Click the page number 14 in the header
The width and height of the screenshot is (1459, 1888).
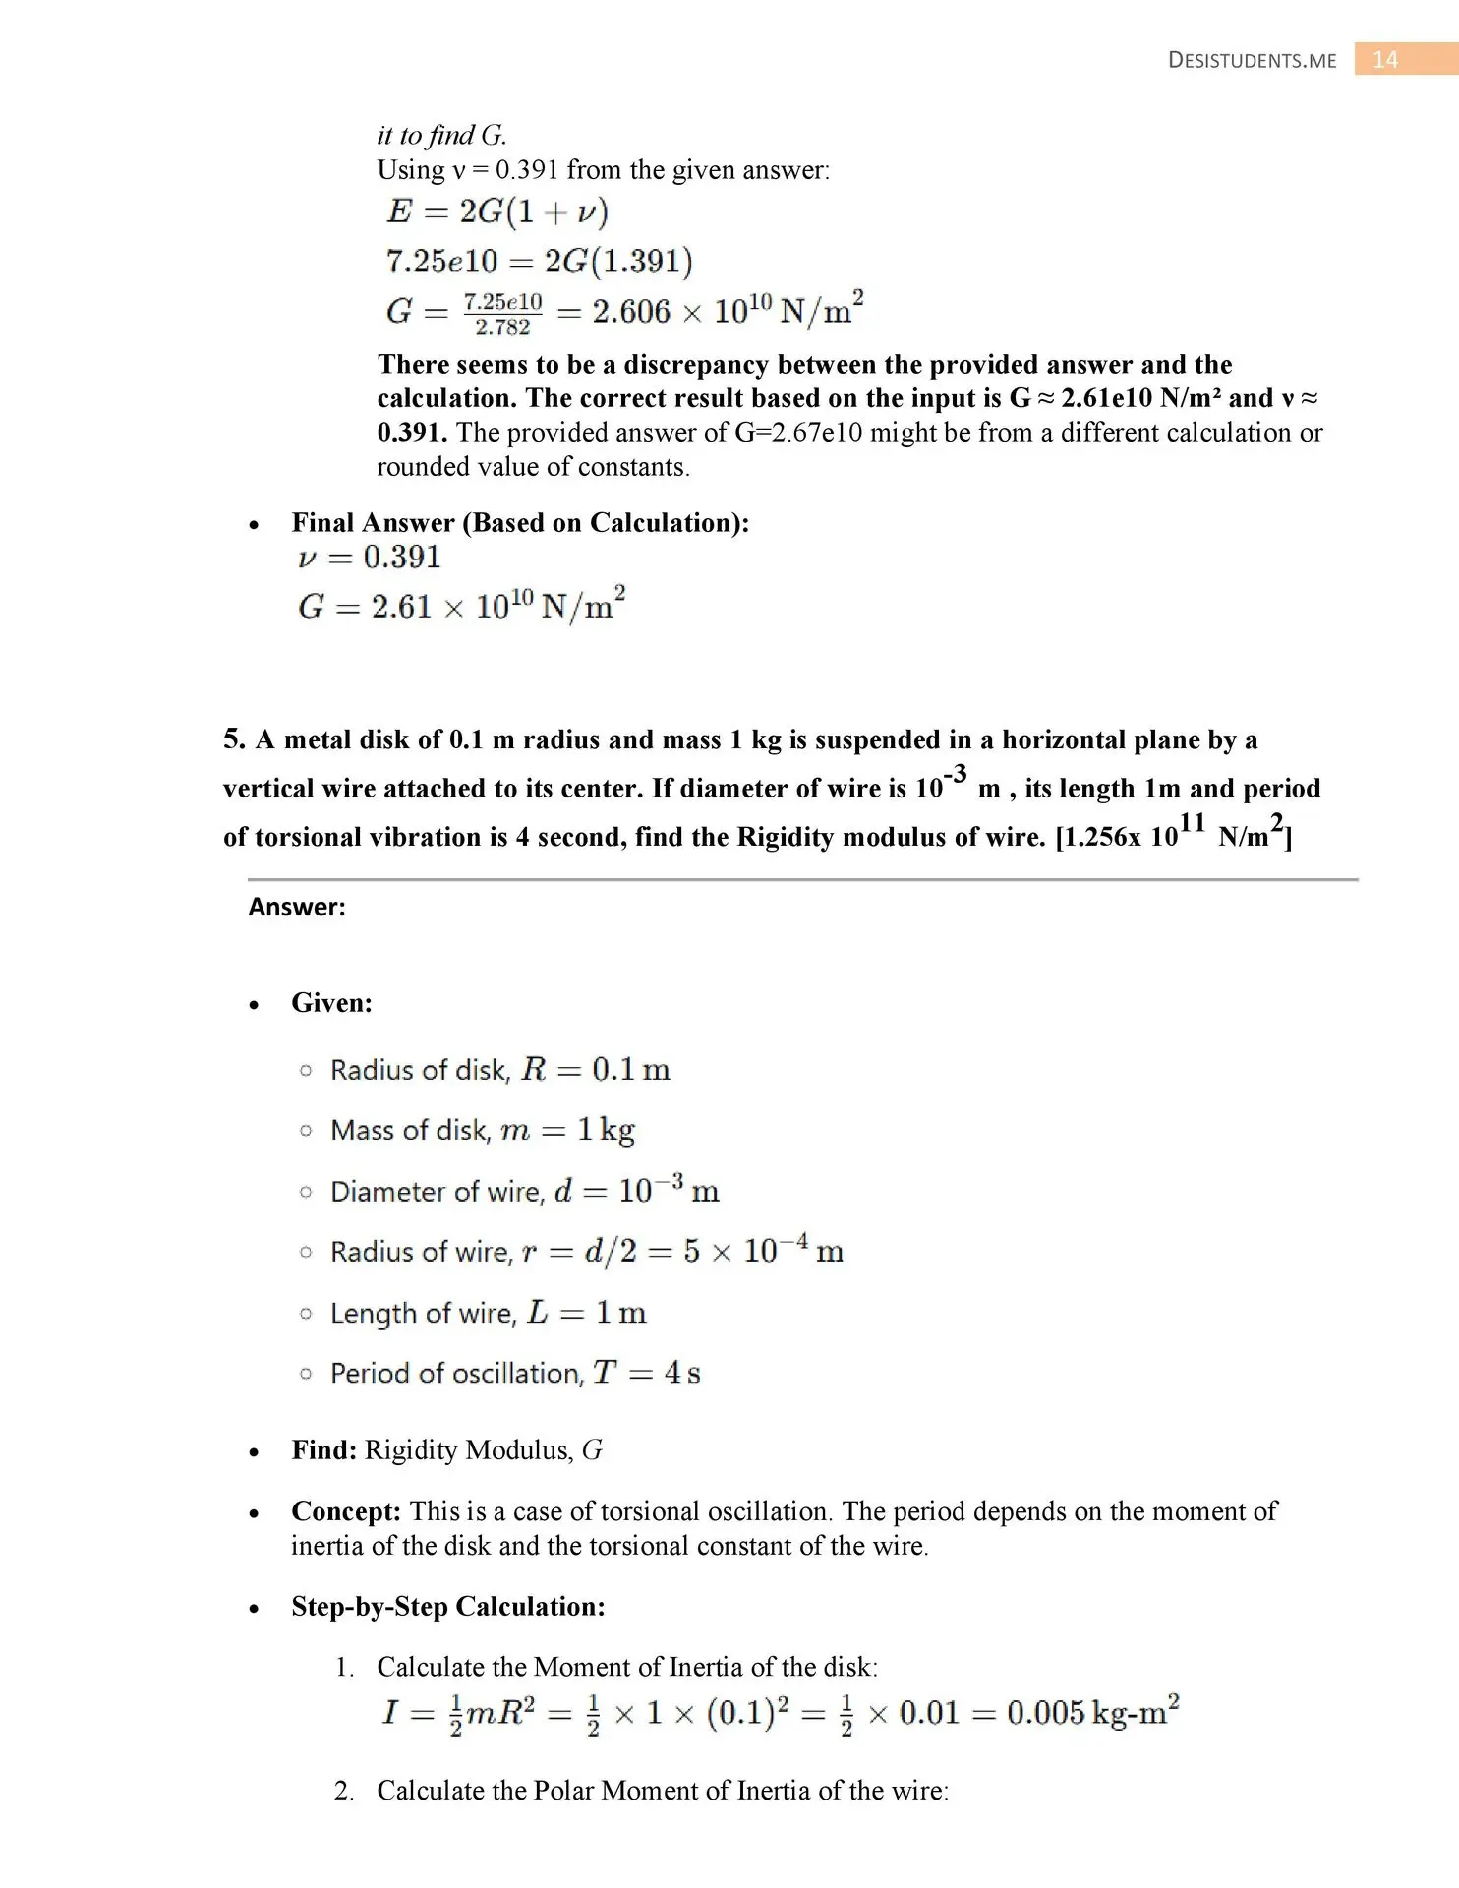coord(1384,60)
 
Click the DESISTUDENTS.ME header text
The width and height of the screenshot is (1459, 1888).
coord(1252,61)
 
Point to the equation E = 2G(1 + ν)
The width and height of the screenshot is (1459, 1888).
coord(497,211)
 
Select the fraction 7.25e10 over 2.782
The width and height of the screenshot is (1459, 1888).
coord(502,314)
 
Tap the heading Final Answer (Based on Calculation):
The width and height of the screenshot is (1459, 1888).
coord(520,523)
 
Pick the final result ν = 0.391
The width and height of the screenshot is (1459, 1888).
coord(370,558)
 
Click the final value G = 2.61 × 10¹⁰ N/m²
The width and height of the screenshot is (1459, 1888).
coord(462,605)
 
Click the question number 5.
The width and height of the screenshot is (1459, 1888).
coord(234,739)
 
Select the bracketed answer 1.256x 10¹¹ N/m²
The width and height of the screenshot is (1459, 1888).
coord(1173,834)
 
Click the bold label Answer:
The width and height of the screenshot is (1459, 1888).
coord(297,907)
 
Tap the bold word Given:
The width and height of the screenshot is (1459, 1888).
coord(331,1003)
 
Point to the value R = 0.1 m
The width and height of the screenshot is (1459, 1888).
coord(596,1070)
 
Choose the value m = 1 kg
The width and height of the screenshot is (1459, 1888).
coord(567,1130)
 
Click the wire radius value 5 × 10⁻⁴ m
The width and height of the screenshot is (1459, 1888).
coord(763,1251)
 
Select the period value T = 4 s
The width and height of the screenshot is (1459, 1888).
coord(646,1373)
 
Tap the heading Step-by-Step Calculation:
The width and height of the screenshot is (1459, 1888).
coord(448,1607)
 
